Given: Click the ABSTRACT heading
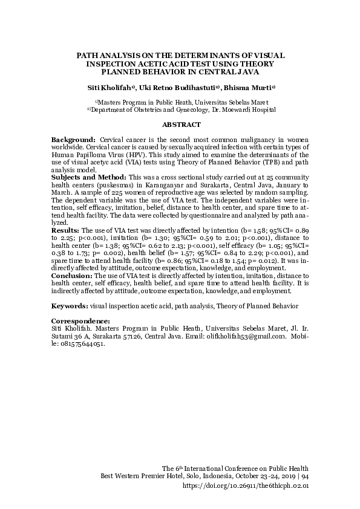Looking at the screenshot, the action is click(x=181, y=125).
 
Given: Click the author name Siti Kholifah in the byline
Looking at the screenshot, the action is click(x=108, y=88).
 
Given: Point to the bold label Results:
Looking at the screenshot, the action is click(x=65, y=230).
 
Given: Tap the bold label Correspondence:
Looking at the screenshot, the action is click(x=80, y=320).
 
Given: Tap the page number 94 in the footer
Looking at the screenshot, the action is click(x=304, y=476).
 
